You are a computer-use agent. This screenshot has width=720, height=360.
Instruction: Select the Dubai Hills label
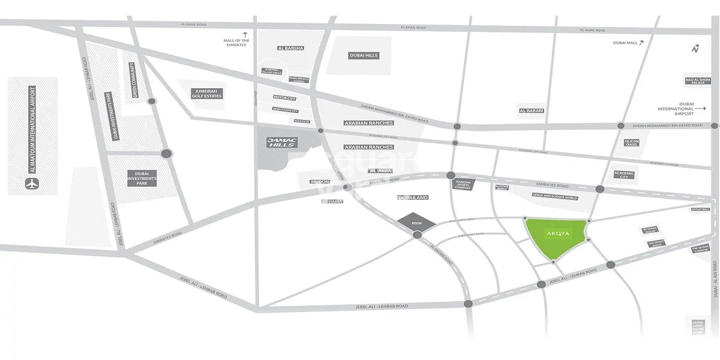coord(364,56)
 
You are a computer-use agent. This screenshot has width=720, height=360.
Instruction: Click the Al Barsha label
coord(290,48)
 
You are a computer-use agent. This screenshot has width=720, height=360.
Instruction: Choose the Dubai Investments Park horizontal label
coord(142,178)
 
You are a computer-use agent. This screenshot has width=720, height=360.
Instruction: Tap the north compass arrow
coord(695,49)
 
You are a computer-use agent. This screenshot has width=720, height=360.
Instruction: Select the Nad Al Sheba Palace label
coord(698,81)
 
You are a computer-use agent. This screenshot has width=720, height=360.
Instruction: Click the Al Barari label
coord(531,111)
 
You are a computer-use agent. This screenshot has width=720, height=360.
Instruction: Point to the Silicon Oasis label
coord(632,143)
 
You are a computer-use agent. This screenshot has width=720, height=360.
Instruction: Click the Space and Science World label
coord(554,197)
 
